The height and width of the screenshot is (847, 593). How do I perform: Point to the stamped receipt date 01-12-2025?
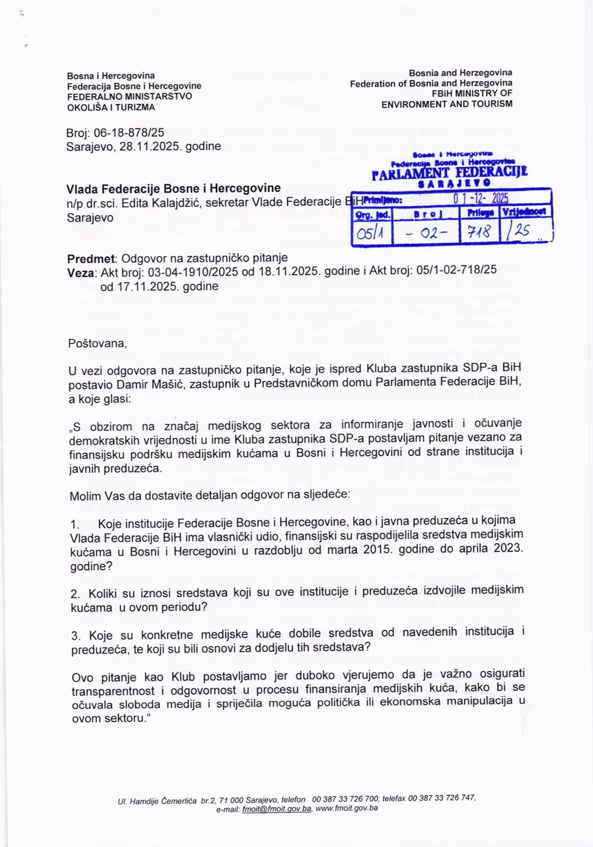click(481, 199)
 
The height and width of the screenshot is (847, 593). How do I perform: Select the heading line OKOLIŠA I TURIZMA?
click(111, 107)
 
